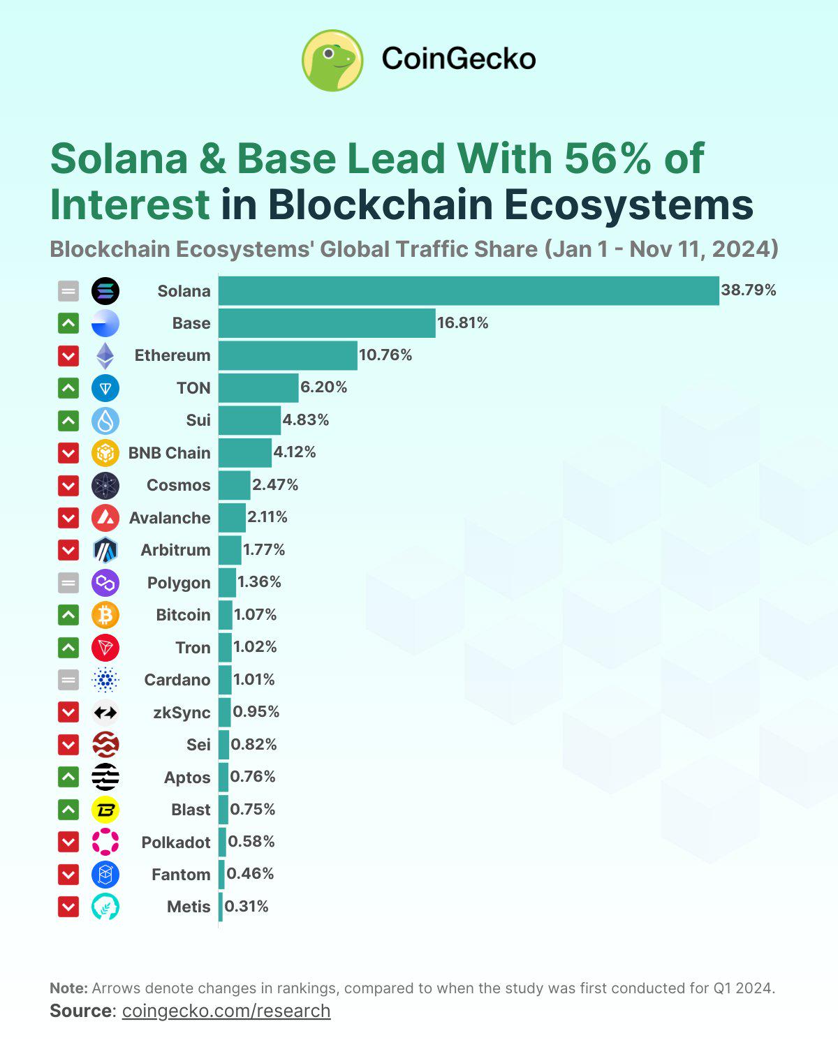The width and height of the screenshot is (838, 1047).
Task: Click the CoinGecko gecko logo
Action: [x=332, y=60]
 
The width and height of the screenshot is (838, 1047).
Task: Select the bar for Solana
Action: [x=468, y=290]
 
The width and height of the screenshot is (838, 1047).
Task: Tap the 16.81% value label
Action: [x=462, y=322]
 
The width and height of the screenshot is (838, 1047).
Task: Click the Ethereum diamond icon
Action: [x=105, y=355]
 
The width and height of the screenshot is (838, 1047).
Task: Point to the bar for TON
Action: [x=258, y=387]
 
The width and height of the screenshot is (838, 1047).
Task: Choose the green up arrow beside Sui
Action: [x=68, y=420]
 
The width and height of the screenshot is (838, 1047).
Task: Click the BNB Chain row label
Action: [x=169, y=453]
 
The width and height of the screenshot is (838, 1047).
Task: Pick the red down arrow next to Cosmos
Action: [x=68, y=485]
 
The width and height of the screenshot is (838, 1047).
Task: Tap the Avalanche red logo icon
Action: [x=105, y=517]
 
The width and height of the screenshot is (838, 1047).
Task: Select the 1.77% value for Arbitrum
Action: [x=264, y=550]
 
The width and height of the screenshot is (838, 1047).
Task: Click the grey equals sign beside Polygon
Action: [x=68, y=582]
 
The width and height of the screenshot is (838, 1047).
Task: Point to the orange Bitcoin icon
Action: [x=105, y=615]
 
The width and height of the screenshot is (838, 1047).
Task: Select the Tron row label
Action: [x=193, y=648]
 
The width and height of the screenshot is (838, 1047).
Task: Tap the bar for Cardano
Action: [x=225, y=680]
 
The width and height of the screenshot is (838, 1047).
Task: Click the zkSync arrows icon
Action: [x=105, y=712]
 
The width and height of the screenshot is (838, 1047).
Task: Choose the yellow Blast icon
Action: [x=105, y=810]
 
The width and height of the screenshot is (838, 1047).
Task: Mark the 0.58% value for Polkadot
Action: [x=251, y=842]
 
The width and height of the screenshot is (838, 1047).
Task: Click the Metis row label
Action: [x=189, y=907]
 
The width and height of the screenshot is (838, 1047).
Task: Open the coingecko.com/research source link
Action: [x=226, y=1011]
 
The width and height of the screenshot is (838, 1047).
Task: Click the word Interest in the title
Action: [x=130, y=205]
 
